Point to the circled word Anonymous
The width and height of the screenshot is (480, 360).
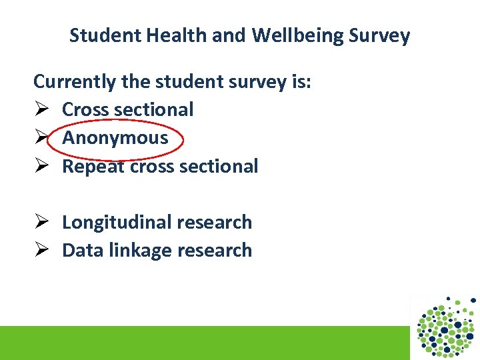coord(115,138)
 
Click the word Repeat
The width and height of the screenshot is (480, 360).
coord(93,167)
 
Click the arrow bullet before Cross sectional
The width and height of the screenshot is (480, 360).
coord(42,109)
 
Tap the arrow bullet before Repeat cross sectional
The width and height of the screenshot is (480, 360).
coord(42,166)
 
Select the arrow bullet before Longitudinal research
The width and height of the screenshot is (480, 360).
coord(42,222)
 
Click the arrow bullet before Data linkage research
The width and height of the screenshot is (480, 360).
coord(42,250)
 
